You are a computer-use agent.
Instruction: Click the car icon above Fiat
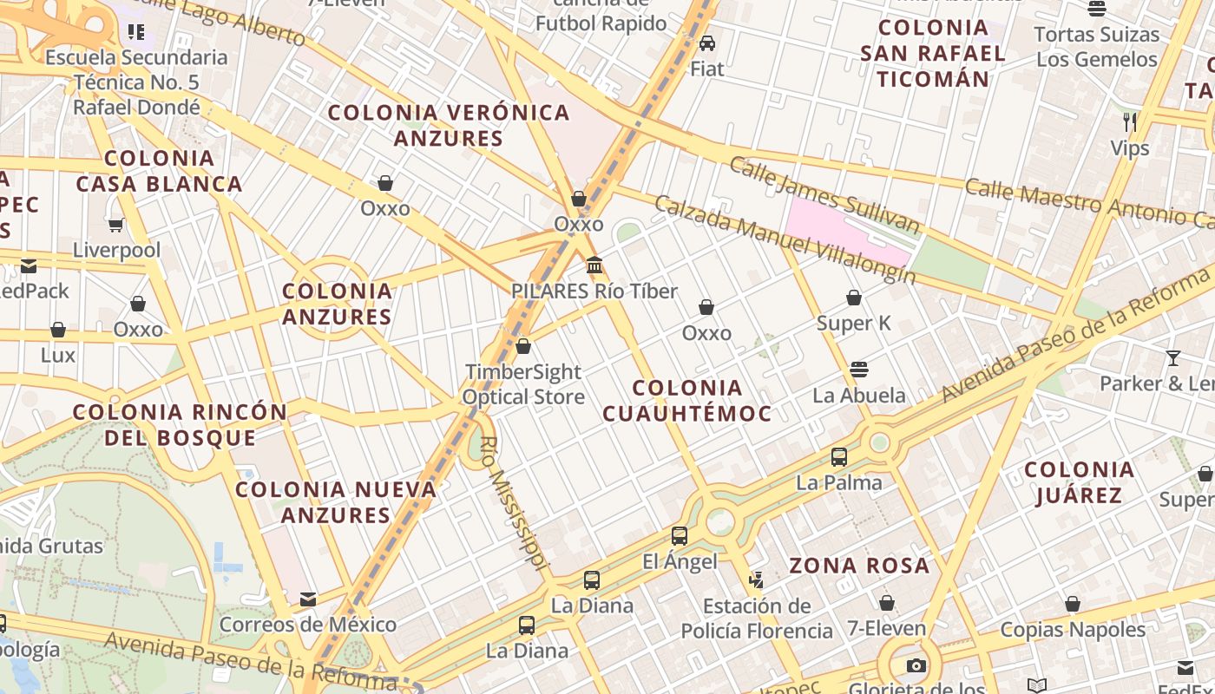(707, 43)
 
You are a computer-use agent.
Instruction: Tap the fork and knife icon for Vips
(1129, 121)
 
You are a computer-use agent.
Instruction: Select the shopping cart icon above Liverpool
(115, 225)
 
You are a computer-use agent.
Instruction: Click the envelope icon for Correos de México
(307, 599)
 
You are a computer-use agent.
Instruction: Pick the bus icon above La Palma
(838, 456)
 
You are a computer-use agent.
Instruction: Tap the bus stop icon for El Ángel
(680, 536)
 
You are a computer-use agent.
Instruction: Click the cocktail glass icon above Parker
(1173, 357)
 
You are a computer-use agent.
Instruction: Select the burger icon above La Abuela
(859, 370)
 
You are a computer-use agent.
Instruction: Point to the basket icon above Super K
(854, 298)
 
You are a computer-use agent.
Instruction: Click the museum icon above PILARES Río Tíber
(594, 265)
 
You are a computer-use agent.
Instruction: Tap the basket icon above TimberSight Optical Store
(523, 346)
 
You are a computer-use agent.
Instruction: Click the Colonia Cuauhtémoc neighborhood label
(687, 401)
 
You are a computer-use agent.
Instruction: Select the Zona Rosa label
(859, 566)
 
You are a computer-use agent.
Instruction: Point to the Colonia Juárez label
(1080, 482)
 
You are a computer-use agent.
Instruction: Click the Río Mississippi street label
(514, 503)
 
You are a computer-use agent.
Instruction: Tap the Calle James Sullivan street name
(824, 195)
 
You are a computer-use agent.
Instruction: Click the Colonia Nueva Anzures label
(336, 501)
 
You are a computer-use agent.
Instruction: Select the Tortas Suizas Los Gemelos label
(1097, 47)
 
